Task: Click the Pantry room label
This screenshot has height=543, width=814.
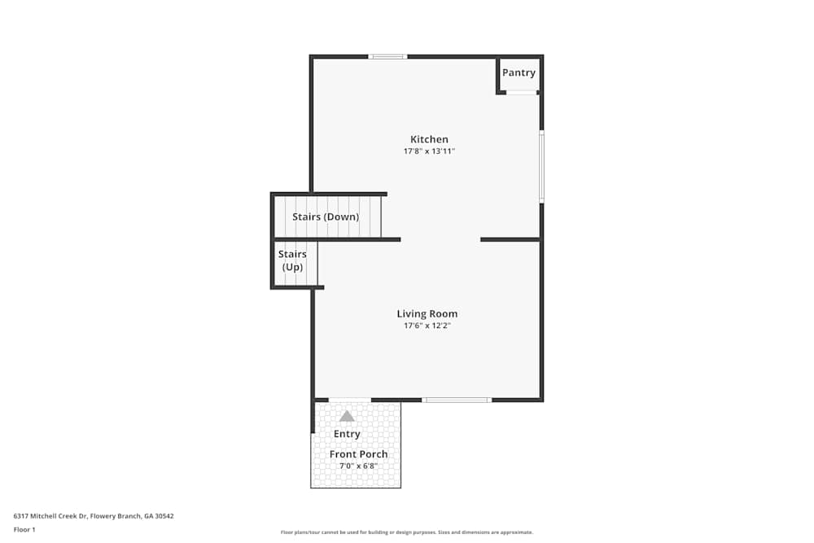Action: tap(519, 73)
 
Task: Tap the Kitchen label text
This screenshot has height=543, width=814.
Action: tap(429, 139)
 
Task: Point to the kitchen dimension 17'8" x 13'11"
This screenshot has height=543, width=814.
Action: tap(429, 151)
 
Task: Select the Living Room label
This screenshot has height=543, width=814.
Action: tap(427, 313)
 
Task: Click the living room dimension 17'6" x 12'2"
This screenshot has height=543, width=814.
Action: tap(427, 326)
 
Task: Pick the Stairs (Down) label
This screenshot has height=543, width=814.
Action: tap(326, 217)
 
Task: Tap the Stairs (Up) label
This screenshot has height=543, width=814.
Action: tap(292, 261)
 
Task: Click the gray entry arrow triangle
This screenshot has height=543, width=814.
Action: tap(347, 416)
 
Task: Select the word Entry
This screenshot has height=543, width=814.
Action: tap(347, 434)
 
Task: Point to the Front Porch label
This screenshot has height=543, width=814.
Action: tap(358, 454)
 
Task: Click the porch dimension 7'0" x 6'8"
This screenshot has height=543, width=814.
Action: tap(358, 466)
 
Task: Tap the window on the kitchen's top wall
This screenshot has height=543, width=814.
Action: tap(387, 57)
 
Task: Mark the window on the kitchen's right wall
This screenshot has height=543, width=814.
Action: tap(541, 166)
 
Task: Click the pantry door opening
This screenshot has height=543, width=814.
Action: tap(522, 93)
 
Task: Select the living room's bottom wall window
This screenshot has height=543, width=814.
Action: tap(457, 400)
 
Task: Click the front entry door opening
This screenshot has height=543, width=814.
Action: tap(350, 400)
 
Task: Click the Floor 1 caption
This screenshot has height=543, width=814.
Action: tap(24, 529)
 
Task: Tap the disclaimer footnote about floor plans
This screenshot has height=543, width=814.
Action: tap(406, 532)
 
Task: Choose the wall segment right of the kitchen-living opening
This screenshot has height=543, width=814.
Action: tap(510, 239)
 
